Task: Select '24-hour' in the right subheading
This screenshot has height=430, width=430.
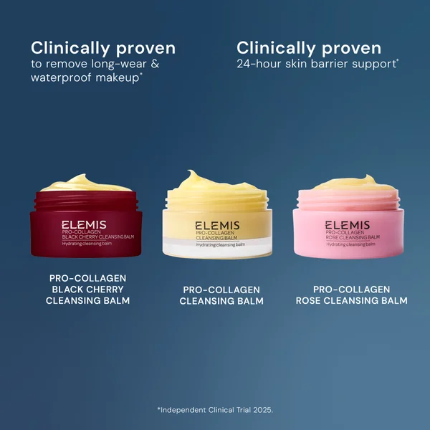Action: (x=260, y=63)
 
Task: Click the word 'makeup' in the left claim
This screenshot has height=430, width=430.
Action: (x=120, y=77)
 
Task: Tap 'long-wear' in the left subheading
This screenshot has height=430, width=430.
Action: (x=120, y=63)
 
